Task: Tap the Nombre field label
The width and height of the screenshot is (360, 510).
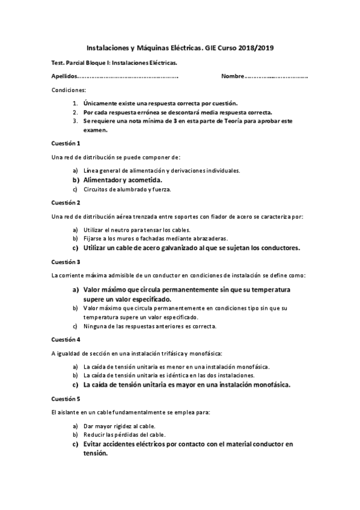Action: [232, 77]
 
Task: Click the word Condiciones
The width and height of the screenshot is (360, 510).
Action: [69, 90]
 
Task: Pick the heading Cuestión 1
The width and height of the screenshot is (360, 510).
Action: [66, 143]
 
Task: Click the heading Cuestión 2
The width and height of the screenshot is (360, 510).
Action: [66, 202]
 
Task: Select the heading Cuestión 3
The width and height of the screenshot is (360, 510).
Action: [66, 262]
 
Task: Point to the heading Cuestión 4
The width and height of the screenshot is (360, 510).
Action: [66, 339]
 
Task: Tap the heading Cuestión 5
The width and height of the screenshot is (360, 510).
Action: [66, 399]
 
